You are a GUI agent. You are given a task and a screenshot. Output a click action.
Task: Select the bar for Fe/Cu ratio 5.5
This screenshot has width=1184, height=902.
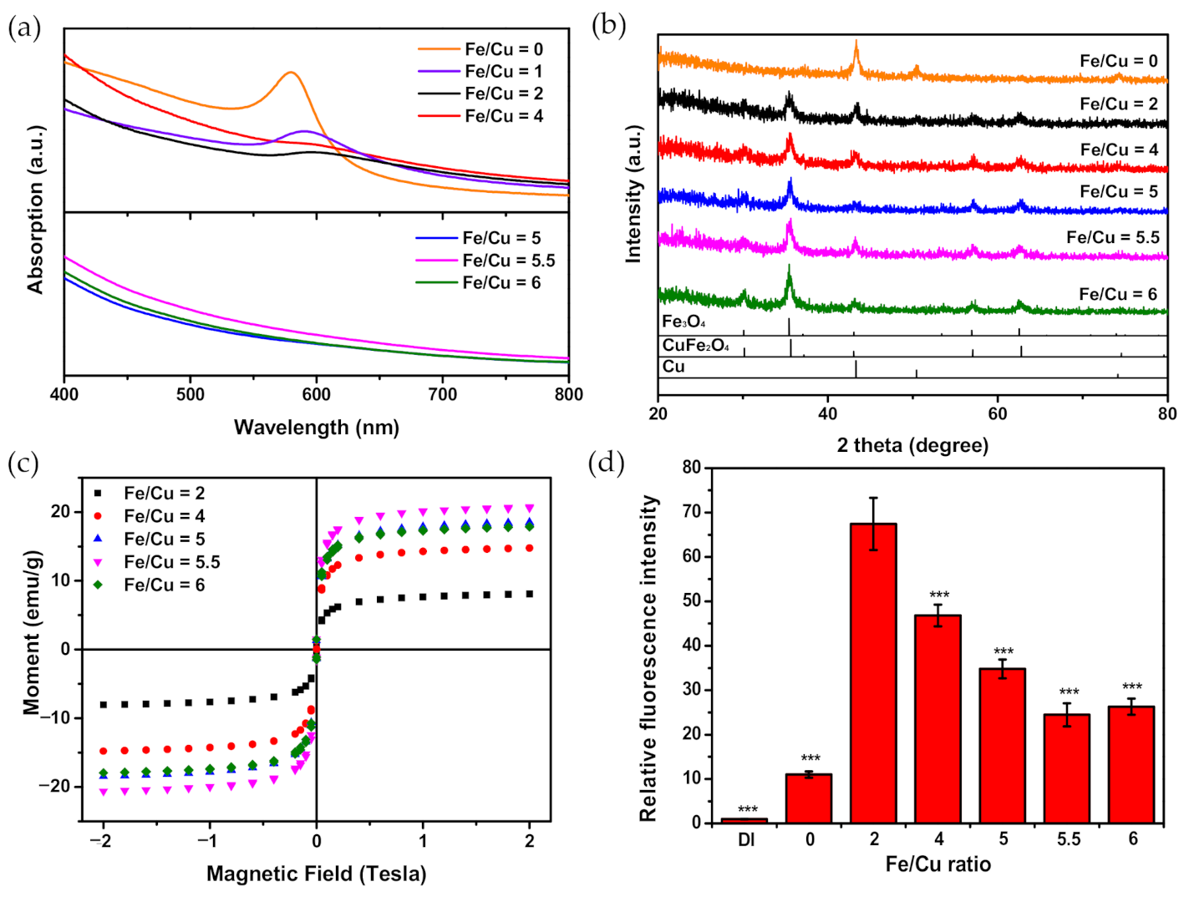pos(1067,768)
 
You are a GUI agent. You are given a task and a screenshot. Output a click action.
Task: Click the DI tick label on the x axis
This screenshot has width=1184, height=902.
pos(745,839)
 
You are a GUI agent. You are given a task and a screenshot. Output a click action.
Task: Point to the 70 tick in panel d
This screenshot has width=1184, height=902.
pos(690,512)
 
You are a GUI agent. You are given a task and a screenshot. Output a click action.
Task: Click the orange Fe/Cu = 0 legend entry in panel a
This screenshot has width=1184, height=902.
pos(480,49)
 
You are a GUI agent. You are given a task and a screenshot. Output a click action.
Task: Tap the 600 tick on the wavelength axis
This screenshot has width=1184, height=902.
pos(316,394)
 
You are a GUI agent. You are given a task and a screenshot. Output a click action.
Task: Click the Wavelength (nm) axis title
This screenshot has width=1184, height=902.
pos(316,428)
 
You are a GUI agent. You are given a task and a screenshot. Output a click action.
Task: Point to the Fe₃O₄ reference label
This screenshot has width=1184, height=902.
pos(683,322)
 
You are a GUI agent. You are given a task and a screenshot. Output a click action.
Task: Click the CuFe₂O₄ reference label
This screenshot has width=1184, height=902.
pos(695,345)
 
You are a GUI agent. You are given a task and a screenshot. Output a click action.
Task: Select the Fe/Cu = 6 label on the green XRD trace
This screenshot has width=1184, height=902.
pos(1117,294)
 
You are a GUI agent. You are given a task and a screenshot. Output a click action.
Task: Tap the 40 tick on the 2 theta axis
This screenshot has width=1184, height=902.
pos(827,414)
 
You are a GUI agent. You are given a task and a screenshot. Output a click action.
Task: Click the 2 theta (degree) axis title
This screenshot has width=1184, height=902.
pos(912,445)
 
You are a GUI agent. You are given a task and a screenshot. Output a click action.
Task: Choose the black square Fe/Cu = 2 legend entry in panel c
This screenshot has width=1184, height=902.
pos(150,494)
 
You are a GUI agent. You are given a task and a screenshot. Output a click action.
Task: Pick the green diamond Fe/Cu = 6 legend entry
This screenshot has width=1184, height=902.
pos(150,585)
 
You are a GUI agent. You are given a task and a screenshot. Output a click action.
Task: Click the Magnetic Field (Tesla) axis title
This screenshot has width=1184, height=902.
pos(316,874)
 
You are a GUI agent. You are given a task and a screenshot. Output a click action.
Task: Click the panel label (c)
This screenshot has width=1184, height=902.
pos(23,463)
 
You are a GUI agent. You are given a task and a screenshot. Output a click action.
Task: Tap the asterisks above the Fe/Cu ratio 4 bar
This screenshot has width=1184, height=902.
pos(939,595)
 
